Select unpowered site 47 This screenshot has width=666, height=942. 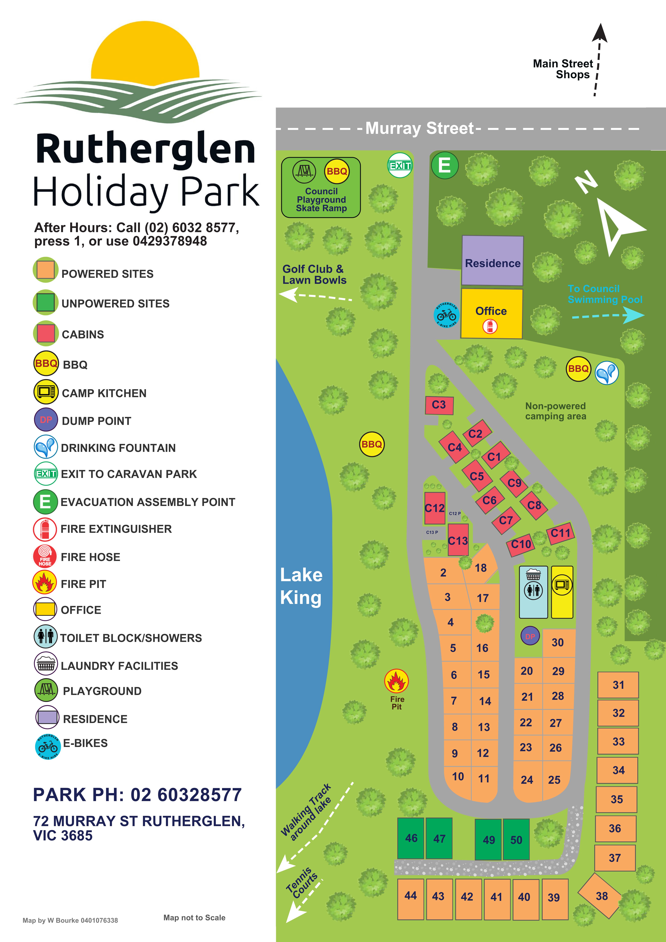click(x=439, y=838)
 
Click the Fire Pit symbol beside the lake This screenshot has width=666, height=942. click(x=396, y=681)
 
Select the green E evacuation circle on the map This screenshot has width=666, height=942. click(x=444, y=165)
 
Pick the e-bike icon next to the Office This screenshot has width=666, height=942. click(x=446, y=315)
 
